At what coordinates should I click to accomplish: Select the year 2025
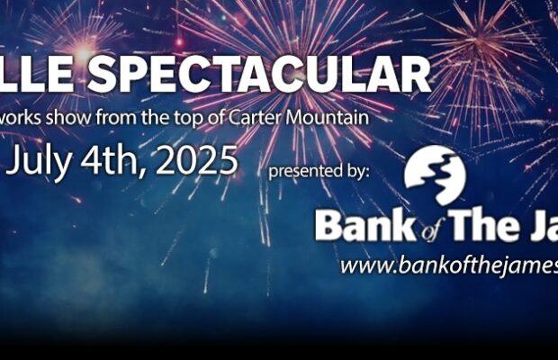pyautogui.click(x=197, y=162)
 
